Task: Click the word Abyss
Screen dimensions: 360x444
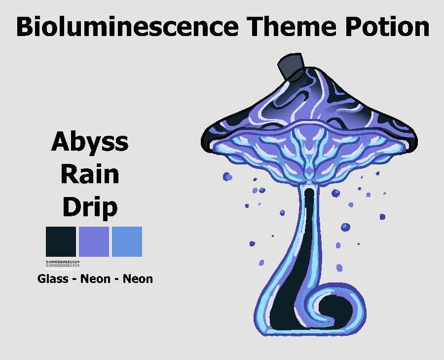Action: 90,143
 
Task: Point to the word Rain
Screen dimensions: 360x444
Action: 90,175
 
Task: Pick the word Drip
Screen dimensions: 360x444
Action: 90,207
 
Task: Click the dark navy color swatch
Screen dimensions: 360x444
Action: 61,241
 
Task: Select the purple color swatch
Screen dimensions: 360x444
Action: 94,241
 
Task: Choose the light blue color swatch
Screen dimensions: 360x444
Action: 127,241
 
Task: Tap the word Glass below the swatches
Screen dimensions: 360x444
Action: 53,279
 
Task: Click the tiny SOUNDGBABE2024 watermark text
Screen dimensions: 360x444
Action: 63,262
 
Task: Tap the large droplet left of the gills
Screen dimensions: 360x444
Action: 227,176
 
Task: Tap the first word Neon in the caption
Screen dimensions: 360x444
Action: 95,279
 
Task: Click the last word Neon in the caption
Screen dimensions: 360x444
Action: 138,279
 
